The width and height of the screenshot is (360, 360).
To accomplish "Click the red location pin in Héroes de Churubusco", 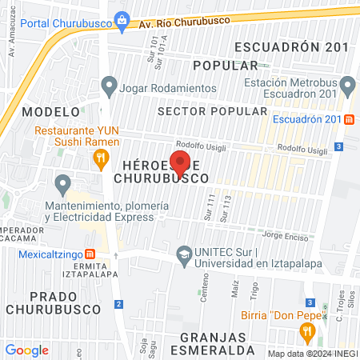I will pos(180,164).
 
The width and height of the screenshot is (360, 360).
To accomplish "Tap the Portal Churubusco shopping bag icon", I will pos(122,20).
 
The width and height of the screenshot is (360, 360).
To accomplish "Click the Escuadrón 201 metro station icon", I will pos(349,120).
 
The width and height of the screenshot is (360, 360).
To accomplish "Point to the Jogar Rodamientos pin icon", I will pos(110,86).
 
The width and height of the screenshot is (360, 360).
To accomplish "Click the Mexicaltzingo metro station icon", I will pos(90,255).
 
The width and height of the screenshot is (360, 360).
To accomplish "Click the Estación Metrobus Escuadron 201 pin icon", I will pos(347,85).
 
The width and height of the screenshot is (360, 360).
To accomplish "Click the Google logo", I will pos(26,350).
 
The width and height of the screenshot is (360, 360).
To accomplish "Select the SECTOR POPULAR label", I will pos(212,110).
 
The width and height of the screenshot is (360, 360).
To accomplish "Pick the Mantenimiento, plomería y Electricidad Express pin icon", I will pos(64,186).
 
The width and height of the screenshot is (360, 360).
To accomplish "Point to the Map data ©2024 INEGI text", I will pos(312,354).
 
